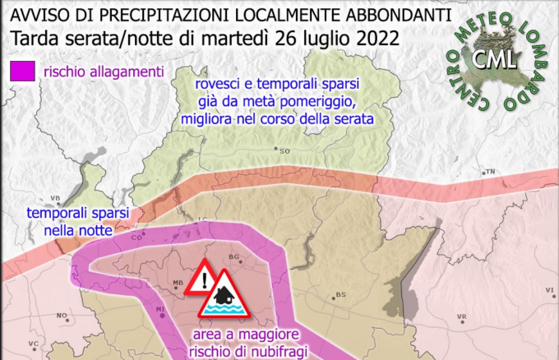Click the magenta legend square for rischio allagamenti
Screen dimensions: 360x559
click(x=22, y=71)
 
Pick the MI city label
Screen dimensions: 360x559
click(x=161, y=309)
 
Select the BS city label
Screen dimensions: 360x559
click(x=340, y=294)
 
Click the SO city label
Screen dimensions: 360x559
click(x=285, y=151)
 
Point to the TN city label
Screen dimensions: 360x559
click(x=491, y=172)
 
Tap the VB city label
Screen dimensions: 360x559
click(x=57, y=198)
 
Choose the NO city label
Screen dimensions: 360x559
click(x=61, y=316)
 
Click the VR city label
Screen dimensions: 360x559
click(x=462, y=316)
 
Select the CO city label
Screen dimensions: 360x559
click(x=137, y=237)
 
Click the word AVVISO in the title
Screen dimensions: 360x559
click(x=37, y=15)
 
